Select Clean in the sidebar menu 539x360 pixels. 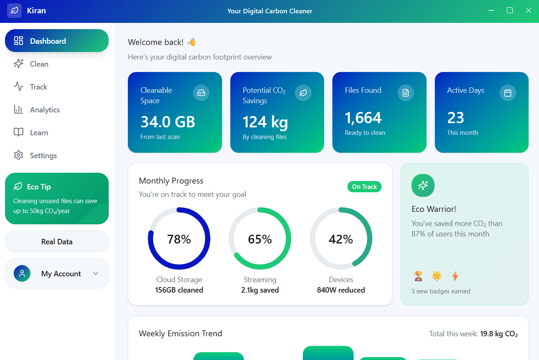click(39, 64)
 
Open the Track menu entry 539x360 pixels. click(38, 87)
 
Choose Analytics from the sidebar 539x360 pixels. click(45, 110)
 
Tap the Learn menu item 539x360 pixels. click(39, 133)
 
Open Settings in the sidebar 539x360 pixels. click(43, 156)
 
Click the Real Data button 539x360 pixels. click(57, 241)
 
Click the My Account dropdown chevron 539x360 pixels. click(96, 273)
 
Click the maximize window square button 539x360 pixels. click(509, 11)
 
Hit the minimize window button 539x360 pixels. click(492, 11)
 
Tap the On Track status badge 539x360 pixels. click(364, 187)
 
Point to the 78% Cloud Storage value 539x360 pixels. click(179, 239)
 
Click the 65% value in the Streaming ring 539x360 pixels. click(260, 239)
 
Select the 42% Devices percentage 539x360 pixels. click(341, 239)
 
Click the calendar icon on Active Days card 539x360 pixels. click(507, 93)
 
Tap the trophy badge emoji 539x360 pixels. click(418, 276)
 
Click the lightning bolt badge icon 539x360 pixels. click(455, 276)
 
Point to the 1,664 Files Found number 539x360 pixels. click(363, 118)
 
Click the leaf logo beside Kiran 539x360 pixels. click(14, 11)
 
